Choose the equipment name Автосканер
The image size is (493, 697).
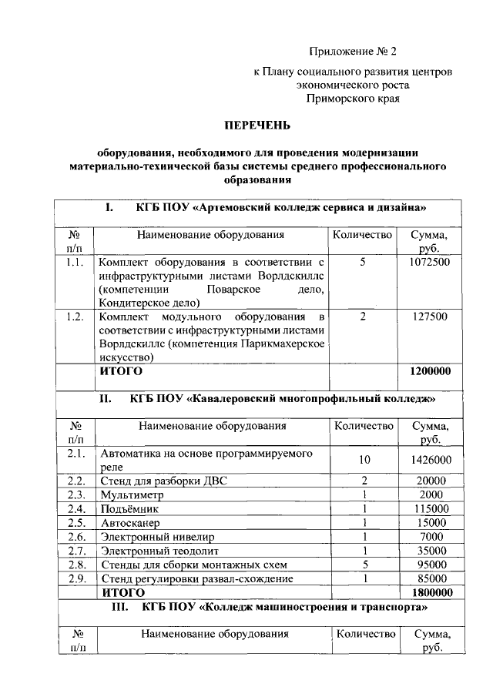(x=129, y=522)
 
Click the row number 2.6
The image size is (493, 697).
(x=75, y=536)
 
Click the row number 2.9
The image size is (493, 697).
(x=75, y=578)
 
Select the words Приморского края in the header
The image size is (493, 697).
(x=353, y=99)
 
